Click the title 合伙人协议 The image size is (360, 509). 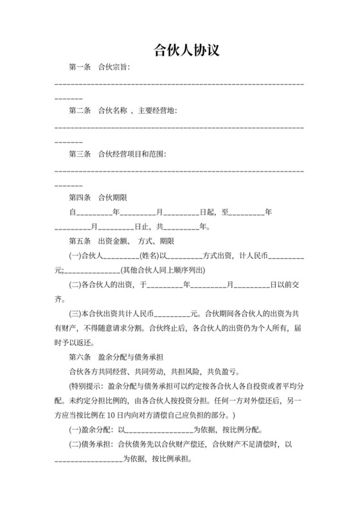pos(179,51)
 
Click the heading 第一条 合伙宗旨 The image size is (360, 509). pos(100,67)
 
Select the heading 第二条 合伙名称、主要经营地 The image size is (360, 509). pos(123,111)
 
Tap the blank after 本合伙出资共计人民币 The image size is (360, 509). pos(172,314)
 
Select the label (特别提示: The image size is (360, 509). pos(89,386)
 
